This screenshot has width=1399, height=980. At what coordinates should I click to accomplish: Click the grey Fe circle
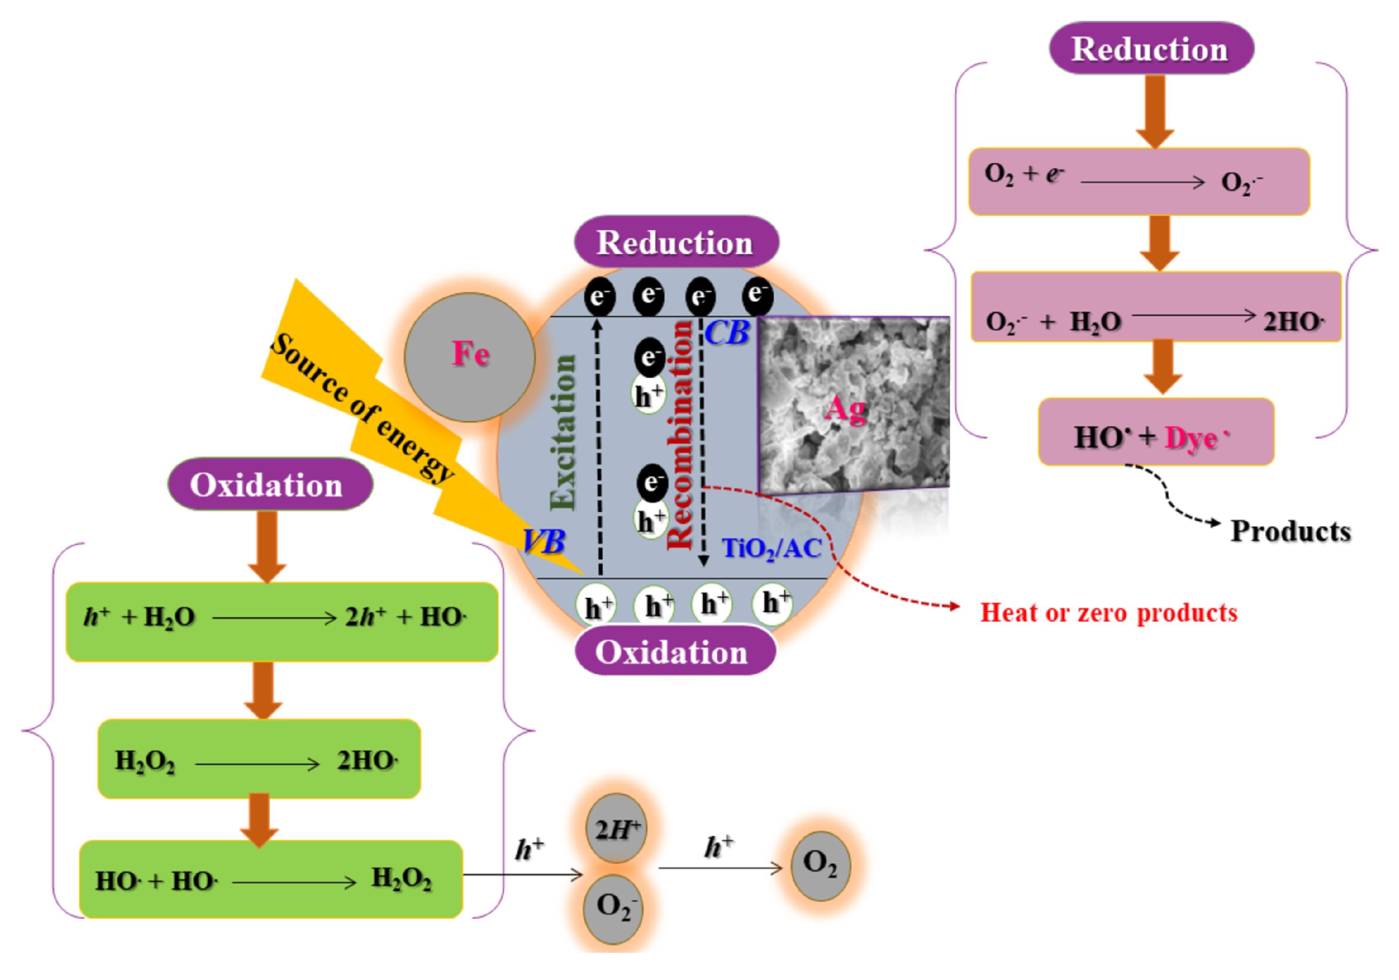tap(469, 357)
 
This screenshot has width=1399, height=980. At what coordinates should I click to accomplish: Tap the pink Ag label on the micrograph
tap(845, 409)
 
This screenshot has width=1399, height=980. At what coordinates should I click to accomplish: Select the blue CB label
tap(727, 333)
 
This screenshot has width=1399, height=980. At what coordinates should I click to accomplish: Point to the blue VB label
tap(544, 541)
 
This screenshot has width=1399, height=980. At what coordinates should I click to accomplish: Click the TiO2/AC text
tap(771, 548)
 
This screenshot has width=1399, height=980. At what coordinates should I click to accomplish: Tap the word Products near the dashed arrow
tap(1290, 531)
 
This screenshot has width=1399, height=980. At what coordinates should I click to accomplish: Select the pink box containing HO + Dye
tap(1155, 432)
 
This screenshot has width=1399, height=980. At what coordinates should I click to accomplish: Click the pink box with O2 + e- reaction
tap(1138, 182)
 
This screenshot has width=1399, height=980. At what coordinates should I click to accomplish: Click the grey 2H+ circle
tap(616, 828)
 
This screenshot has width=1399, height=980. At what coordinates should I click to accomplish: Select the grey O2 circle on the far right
tap(820, 866)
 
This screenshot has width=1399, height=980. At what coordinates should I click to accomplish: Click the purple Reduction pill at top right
tap(1151, 49)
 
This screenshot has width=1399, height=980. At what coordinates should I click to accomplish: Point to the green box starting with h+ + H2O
tap(281, 621)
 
